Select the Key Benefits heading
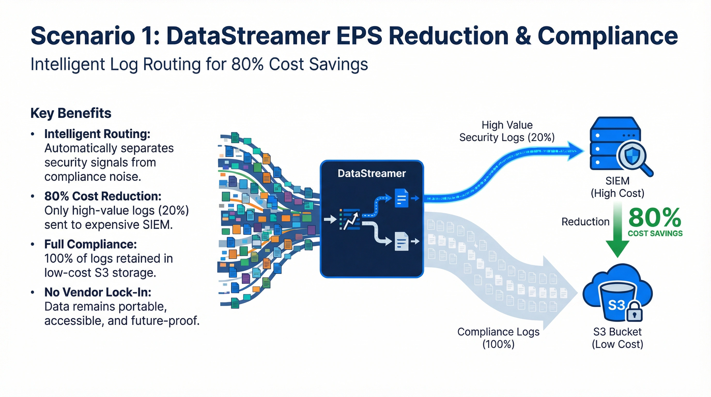(x=71, y=113)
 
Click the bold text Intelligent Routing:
(x=97, y=134)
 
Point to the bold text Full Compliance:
(x=90, y=244)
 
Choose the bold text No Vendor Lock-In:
(x=98, y=292)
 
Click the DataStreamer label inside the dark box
(x=372, y=173)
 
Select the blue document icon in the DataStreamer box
(x=401, y=198)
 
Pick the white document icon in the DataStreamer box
(x=401, y=241)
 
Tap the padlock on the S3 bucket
(x=634, y=312)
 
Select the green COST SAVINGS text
(x=655, y=234)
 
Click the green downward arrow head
(x=617, y=248)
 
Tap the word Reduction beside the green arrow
(x=585, y=222)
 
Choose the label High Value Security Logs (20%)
(x=507, y=131)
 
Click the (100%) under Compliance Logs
(x=498, y=344)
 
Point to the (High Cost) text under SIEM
(x=617, y=193)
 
